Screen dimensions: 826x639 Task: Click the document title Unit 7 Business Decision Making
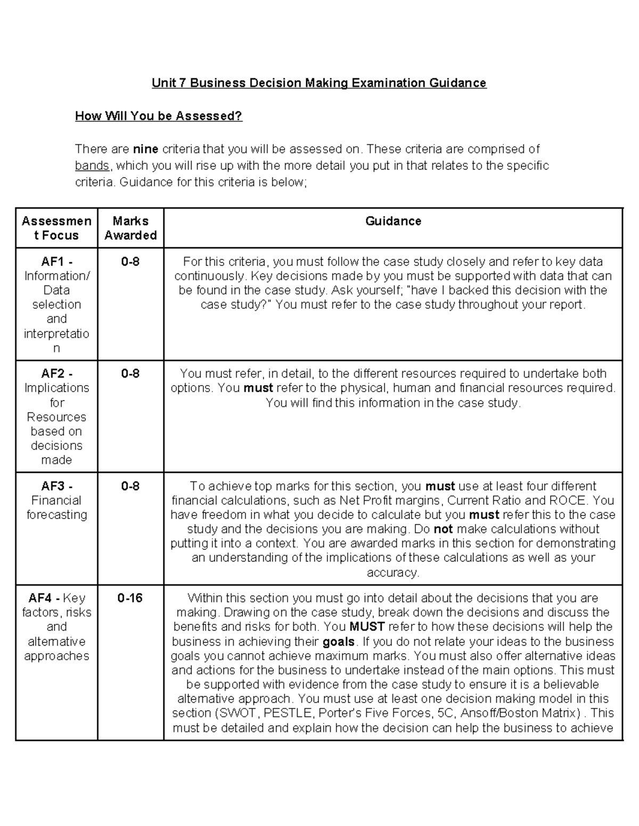(318, 83)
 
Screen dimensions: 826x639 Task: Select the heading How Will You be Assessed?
(159, 116)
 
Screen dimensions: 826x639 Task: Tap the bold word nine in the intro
(145, 149)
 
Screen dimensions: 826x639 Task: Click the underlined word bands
(92, 165)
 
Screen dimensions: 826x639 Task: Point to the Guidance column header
(393, 221)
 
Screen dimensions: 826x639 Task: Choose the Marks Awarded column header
(130, 228)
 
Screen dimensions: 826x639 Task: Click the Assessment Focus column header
(56, 228)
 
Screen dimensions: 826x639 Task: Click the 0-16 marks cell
(130, 598)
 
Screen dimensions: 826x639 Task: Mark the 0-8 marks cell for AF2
(130, 374)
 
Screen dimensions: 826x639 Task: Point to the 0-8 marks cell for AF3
(130, 486)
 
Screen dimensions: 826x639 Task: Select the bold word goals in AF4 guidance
(338, 641)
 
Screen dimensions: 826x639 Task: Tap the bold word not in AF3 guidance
(443, 529)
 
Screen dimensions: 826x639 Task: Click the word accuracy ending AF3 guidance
(393, 573)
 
